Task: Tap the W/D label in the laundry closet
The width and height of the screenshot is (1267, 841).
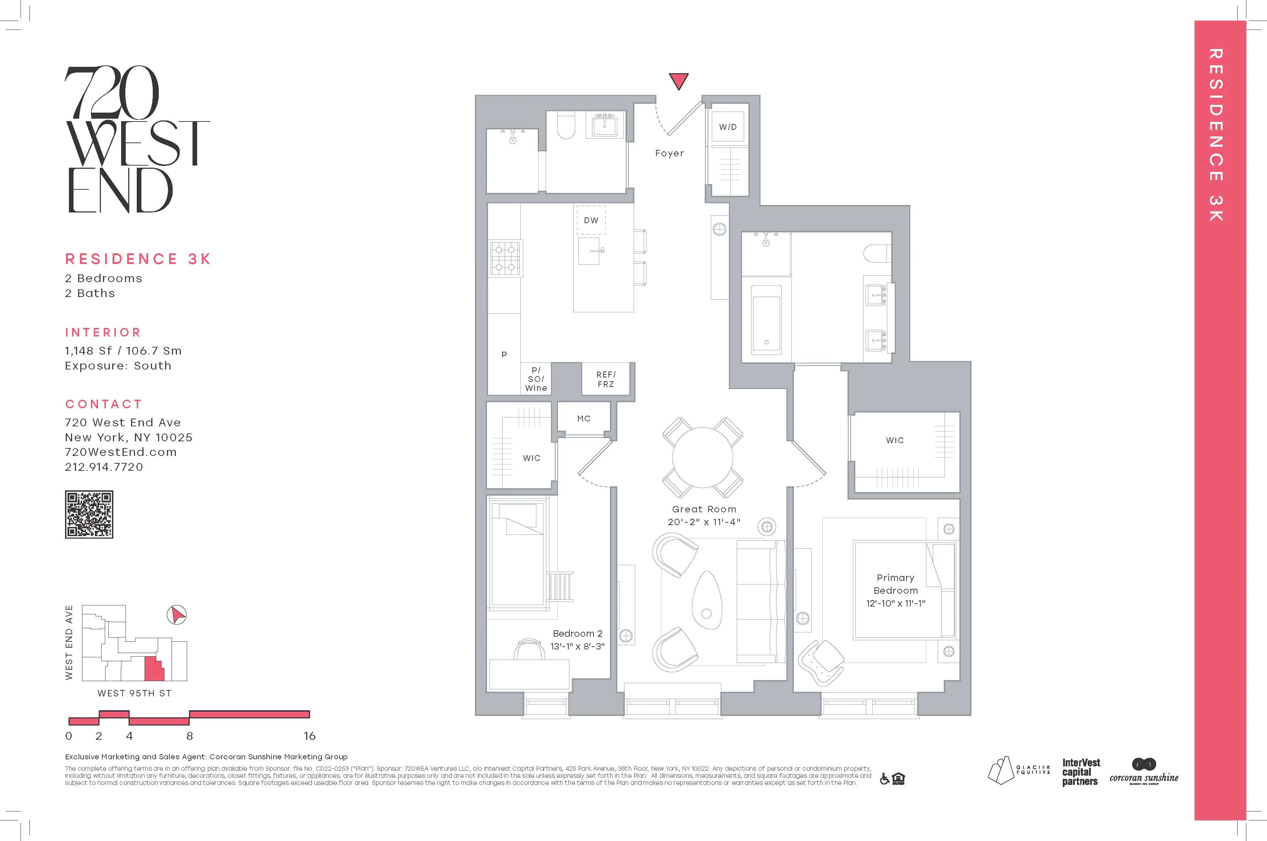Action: pyautogui.click(x=727, y=127)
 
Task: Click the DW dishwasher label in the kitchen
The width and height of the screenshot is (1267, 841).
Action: pyautogui.click(x=591, y=220)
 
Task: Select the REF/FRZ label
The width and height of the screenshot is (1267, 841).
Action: pyautogui.click(x=606, y=379)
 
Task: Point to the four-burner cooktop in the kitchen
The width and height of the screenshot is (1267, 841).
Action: pyautogui.click(x=505, y=258)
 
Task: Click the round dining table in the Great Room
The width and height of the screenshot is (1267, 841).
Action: pyautogui.click(x=702, y=457)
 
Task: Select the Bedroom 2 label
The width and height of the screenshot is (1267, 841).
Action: pyautogui.click(x=578, y=634)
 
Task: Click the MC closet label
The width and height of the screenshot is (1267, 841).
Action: pyautogui.click(x=583, y=418)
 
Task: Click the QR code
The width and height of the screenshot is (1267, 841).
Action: pyautogui.click(x=89, y=514)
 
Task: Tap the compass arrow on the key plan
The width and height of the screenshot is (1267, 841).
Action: pyautogui.click(x=177, y=615)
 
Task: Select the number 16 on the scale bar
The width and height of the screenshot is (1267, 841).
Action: pyautogui.click(x=309, y=736)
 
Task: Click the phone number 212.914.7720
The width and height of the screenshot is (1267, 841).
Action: pyautogui.click(x=104, y=467)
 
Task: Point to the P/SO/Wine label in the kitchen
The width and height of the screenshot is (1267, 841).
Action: pyautogui.click(x=536, y=379)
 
